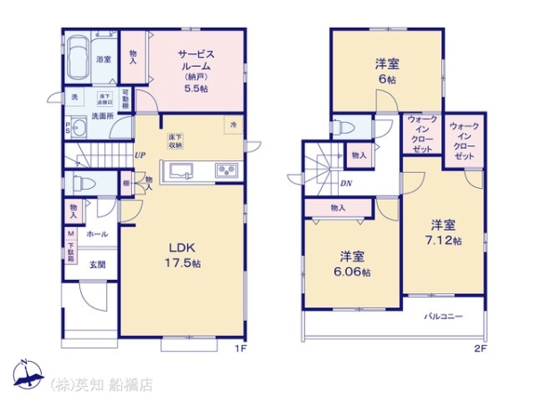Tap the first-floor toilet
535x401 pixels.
(85, 184)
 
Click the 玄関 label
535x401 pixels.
(97, 265)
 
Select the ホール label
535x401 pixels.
(97, 234)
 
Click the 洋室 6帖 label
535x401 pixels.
(386, 70)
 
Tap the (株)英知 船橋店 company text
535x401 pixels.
(102, 385)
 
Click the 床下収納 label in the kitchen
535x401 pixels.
(175, 141)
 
